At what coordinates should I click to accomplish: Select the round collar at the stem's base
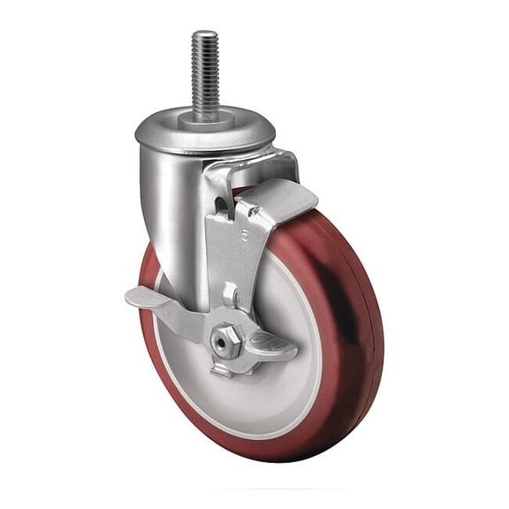point(205,116)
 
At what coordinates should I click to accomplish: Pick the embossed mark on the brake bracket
point(217,235)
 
